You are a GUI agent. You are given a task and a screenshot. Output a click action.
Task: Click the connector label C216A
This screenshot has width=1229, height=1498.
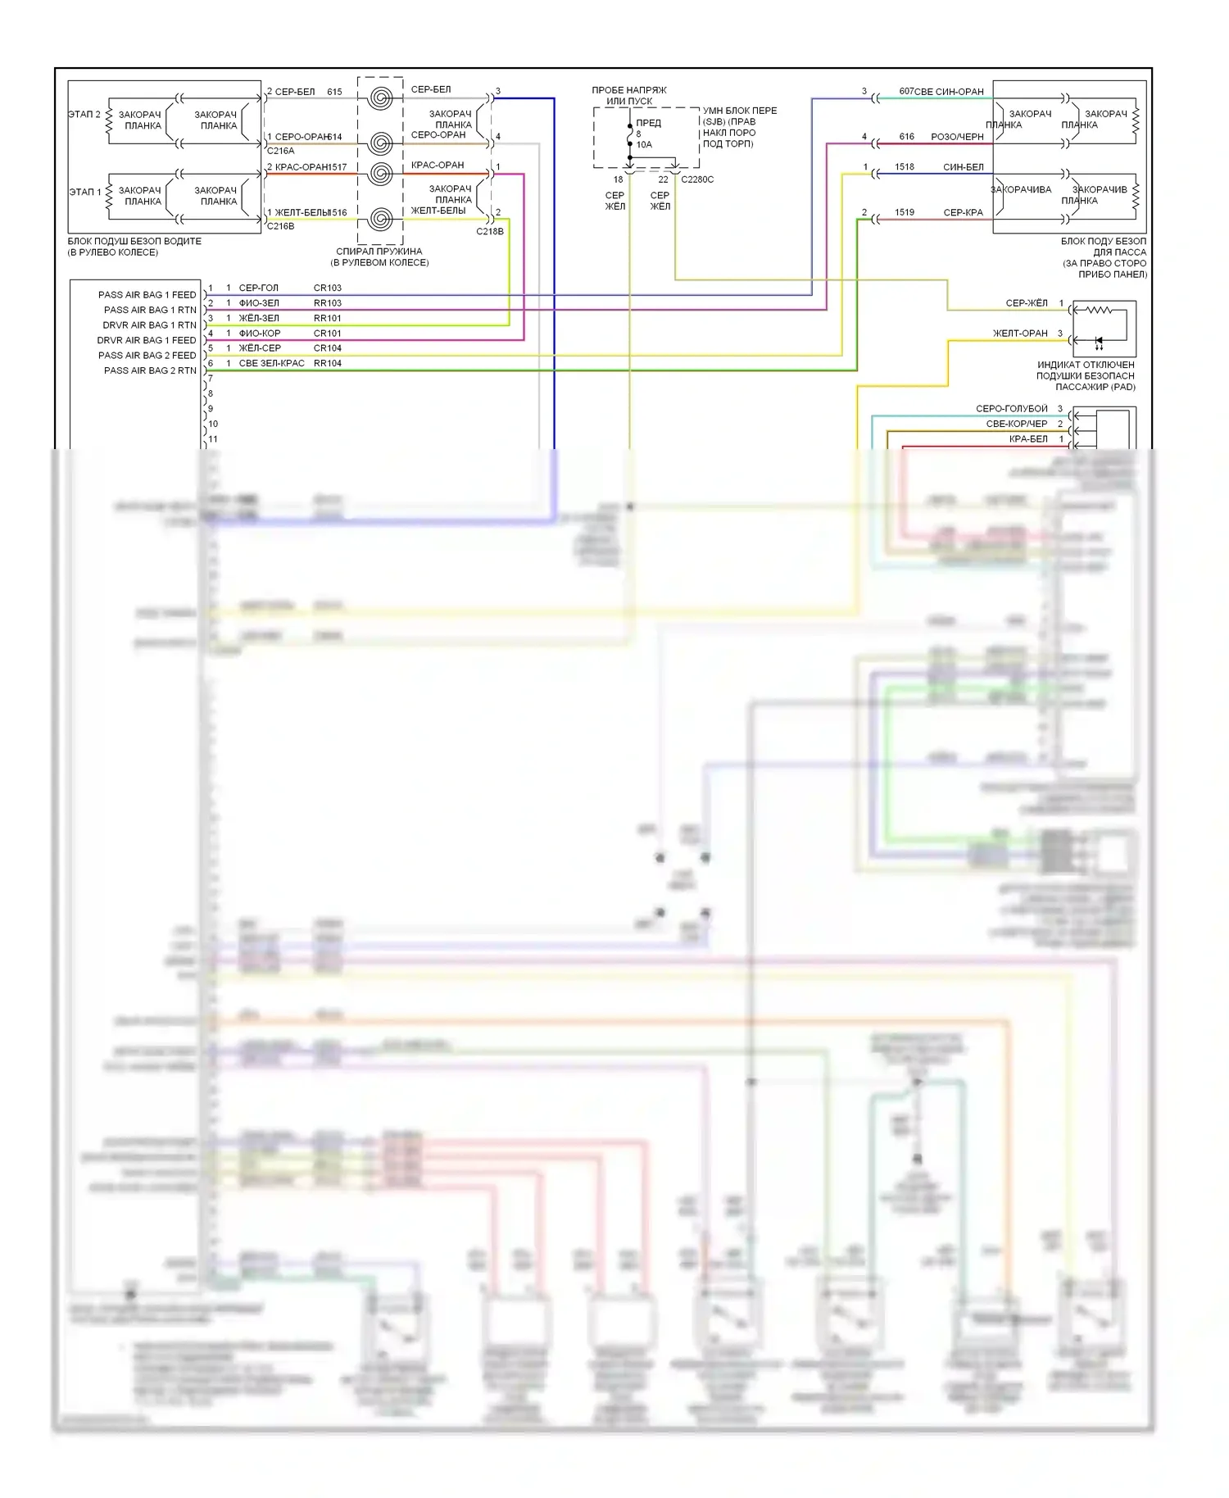click(x=280, y=151)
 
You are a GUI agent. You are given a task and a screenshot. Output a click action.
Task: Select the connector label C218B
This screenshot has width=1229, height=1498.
click(x=490, y=232)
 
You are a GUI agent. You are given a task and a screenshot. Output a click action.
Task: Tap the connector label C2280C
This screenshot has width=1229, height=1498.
click(x=697, y=179)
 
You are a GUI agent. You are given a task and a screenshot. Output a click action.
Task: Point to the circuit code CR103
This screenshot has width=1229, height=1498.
click(x=327, y=288)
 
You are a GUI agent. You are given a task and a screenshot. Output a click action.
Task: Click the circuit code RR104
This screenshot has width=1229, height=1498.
click(x=327, y=364)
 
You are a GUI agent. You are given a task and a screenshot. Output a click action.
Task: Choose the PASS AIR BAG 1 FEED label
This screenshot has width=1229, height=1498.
click(x=147, y=295)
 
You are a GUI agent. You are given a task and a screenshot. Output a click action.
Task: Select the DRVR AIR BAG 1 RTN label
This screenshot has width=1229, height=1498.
click(x=149, y=325)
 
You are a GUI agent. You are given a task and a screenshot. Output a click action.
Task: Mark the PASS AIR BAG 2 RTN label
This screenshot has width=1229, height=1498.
click(x=150, y=371)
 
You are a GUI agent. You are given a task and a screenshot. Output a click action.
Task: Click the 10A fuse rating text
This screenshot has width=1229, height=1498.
click(x=644, y=145)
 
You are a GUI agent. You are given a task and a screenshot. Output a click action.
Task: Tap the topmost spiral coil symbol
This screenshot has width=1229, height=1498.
click(x=379, y=98)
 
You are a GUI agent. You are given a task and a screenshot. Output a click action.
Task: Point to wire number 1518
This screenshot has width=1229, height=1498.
click(x=905, y=167)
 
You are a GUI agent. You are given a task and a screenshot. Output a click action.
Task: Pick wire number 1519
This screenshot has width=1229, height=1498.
click(x=905, y=213)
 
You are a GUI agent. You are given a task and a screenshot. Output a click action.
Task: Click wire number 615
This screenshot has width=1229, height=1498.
click(x=334, y=93)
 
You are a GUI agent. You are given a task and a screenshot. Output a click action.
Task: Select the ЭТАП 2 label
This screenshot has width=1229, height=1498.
click(x=84, y=115)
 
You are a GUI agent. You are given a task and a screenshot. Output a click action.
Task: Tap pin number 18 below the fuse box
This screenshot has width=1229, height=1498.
click(x=618, y=179)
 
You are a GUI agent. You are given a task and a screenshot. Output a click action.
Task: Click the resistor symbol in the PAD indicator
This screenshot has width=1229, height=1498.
click(x=1097, y=311)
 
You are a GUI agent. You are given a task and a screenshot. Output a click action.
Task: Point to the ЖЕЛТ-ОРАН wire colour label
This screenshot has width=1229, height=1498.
click(x=1020, y=334)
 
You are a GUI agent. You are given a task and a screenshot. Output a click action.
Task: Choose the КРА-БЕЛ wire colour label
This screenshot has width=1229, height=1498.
click(x=1028, y=439)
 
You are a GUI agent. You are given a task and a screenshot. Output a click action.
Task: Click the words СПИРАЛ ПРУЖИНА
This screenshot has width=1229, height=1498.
click(x=379, y=252)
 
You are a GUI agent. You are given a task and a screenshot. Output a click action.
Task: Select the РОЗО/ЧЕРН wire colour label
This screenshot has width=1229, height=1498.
click(x=957, y=138)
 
